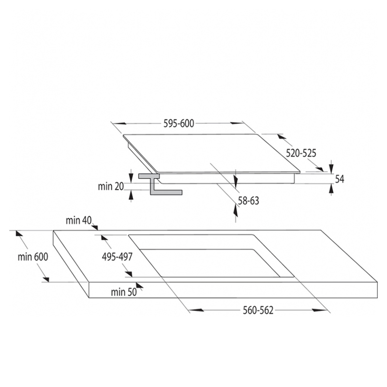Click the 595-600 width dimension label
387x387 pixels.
[x=179, y=123]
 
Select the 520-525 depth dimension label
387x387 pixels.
[x=301, y=153]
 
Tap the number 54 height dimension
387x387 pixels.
[x=340, y=179]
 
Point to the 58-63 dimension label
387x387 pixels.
[x=248, y=201]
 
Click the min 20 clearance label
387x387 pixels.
[x=111, y=186]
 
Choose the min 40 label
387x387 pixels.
[x=79, y=221]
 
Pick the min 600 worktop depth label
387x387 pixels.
[x=33, y=257]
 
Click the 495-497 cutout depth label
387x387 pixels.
[x=117, y=257]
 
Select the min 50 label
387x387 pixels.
[x=124, y=292]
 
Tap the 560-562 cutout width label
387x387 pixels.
[x=258, y=310]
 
